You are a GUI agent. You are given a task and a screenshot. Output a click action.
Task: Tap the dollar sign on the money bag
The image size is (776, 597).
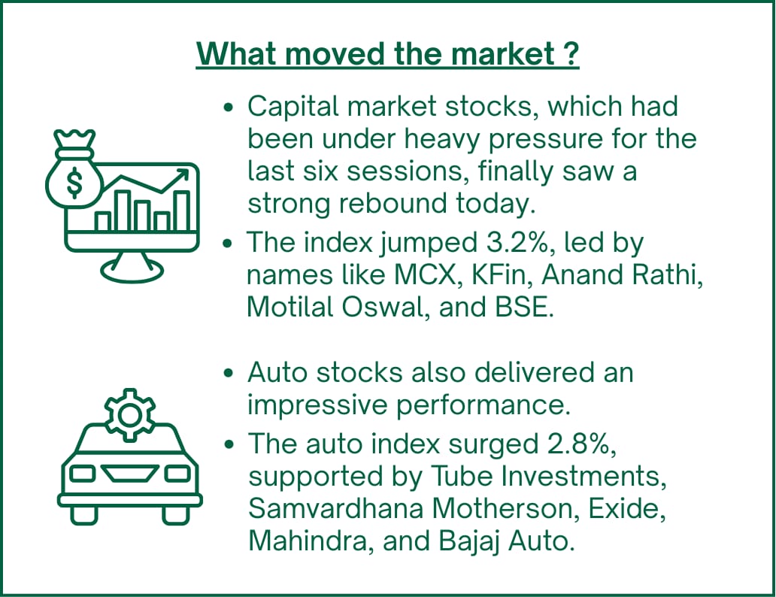[x=74, y=182]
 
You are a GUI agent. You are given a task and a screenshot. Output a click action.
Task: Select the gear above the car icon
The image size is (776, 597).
[x=129, y=415]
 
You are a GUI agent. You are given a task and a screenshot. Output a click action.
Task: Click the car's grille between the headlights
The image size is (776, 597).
[x=129, y=473]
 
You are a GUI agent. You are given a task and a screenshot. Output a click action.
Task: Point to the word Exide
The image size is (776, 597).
[x=626, y=508]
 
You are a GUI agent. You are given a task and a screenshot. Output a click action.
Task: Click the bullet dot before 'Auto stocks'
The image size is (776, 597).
[x=228, y=373]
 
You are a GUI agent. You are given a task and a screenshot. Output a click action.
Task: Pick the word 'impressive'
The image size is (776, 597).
[x=317, y=405]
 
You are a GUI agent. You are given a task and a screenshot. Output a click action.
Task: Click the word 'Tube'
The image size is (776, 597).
[x=461, y=476]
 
